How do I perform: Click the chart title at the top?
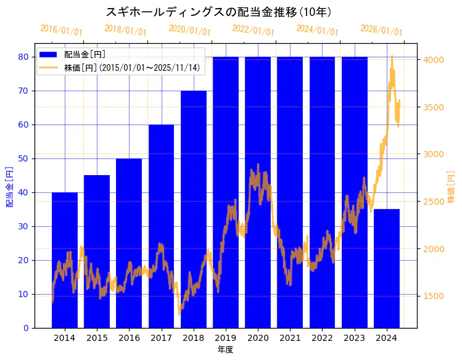(x=218, y=12)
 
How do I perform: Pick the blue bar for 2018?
(x=194, y=210)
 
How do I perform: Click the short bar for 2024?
(x=387, y=268)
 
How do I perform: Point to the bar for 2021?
(x=290, y=191)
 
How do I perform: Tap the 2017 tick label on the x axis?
(x=161, y=338)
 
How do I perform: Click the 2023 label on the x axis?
(x=355, y=338)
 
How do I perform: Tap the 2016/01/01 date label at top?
(x=61, y=30)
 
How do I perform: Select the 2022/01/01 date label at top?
(x=254, y=30)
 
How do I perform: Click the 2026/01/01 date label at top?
(x=381, y=30)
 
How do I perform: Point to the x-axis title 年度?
(x=225, y=350)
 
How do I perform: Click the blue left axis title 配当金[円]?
(x=9, y=186)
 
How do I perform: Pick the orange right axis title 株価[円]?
(x=452, y=188)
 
